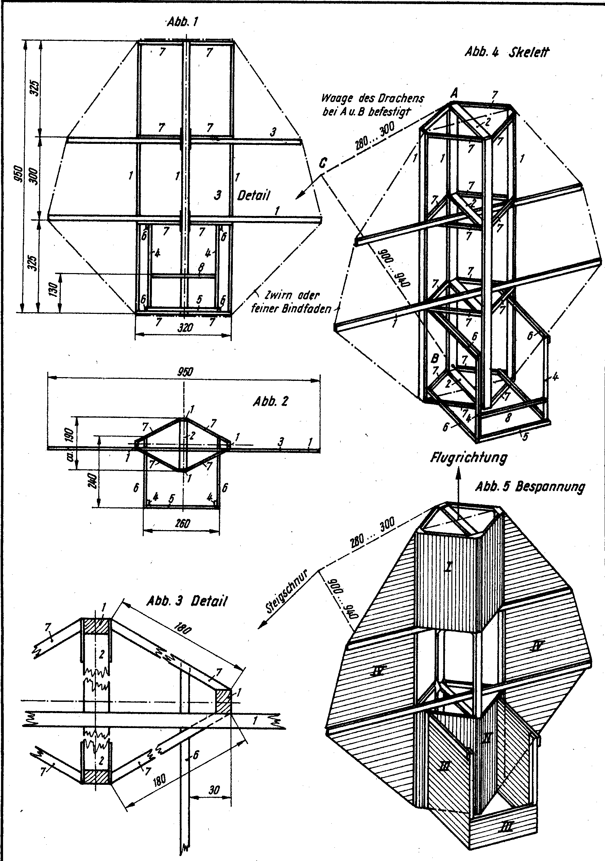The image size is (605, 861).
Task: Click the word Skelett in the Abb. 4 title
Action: pos(529,52)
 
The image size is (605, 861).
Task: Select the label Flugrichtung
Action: pos(469,457)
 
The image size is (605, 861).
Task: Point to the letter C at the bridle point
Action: pos(323,164)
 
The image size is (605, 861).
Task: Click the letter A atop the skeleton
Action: pos(454,92)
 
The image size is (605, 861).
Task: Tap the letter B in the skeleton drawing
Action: pos(435,358)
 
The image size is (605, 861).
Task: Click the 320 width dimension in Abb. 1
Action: pos(185,328)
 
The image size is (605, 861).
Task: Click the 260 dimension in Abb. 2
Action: pos(183,523)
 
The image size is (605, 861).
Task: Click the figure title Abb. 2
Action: pos(271,402)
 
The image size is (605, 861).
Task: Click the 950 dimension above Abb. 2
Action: pos(185,372)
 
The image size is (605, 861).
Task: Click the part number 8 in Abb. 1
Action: pos(202,267)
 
